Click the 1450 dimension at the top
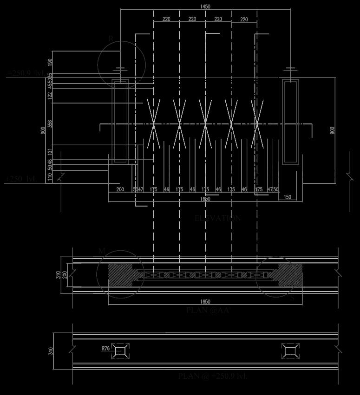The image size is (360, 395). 205,6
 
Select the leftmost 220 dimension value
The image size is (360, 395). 166,19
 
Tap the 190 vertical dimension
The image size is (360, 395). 50,61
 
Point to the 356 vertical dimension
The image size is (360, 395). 50,123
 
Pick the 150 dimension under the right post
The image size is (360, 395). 287,197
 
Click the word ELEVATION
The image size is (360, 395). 217,218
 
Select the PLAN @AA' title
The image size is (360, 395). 209,311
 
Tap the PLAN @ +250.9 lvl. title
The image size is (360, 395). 212,376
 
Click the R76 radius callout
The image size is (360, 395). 105,348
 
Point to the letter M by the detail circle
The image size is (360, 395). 102,251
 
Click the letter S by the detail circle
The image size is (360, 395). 292,298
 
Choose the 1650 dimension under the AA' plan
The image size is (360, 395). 205,302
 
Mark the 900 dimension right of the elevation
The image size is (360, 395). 332,131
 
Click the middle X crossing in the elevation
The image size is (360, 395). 205,124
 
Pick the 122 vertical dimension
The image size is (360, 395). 50,96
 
